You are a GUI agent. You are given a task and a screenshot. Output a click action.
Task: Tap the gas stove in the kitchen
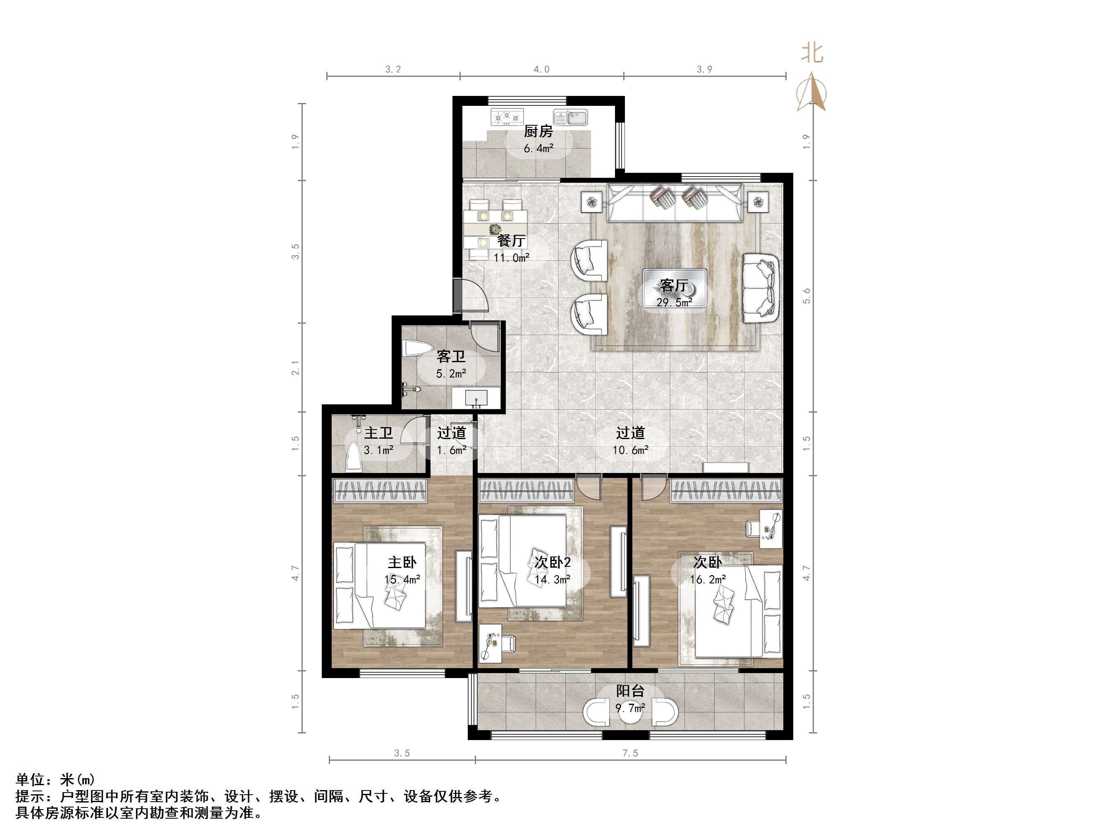[x=507, y=117]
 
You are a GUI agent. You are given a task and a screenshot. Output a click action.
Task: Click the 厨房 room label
[x=538, y=131]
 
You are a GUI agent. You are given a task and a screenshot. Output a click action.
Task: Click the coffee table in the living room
[x=675, y=289]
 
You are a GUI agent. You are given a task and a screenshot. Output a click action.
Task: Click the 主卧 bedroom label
[x=402, y=562]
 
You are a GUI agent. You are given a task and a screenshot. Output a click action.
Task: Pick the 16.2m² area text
[x=708, y=580]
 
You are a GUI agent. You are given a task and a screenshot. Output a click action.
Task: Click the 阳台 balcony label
[x=630, y=691]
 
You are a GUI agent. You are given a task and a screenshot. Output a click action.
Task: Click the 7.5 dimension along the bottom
[x=630, y=753]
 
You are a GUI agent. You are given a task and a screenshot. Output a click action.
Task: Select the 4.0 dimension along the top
[x=541, y=69]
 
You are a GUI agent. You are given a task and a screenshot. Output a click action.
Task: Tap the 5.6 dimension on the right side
[x=806, y=296]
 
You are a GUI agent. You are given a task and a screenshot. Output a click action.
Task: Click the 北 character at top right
[x=812, y=53]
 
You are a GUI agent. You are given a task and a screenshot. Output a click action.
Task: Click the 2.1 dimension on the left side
[x=295, y=368]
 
